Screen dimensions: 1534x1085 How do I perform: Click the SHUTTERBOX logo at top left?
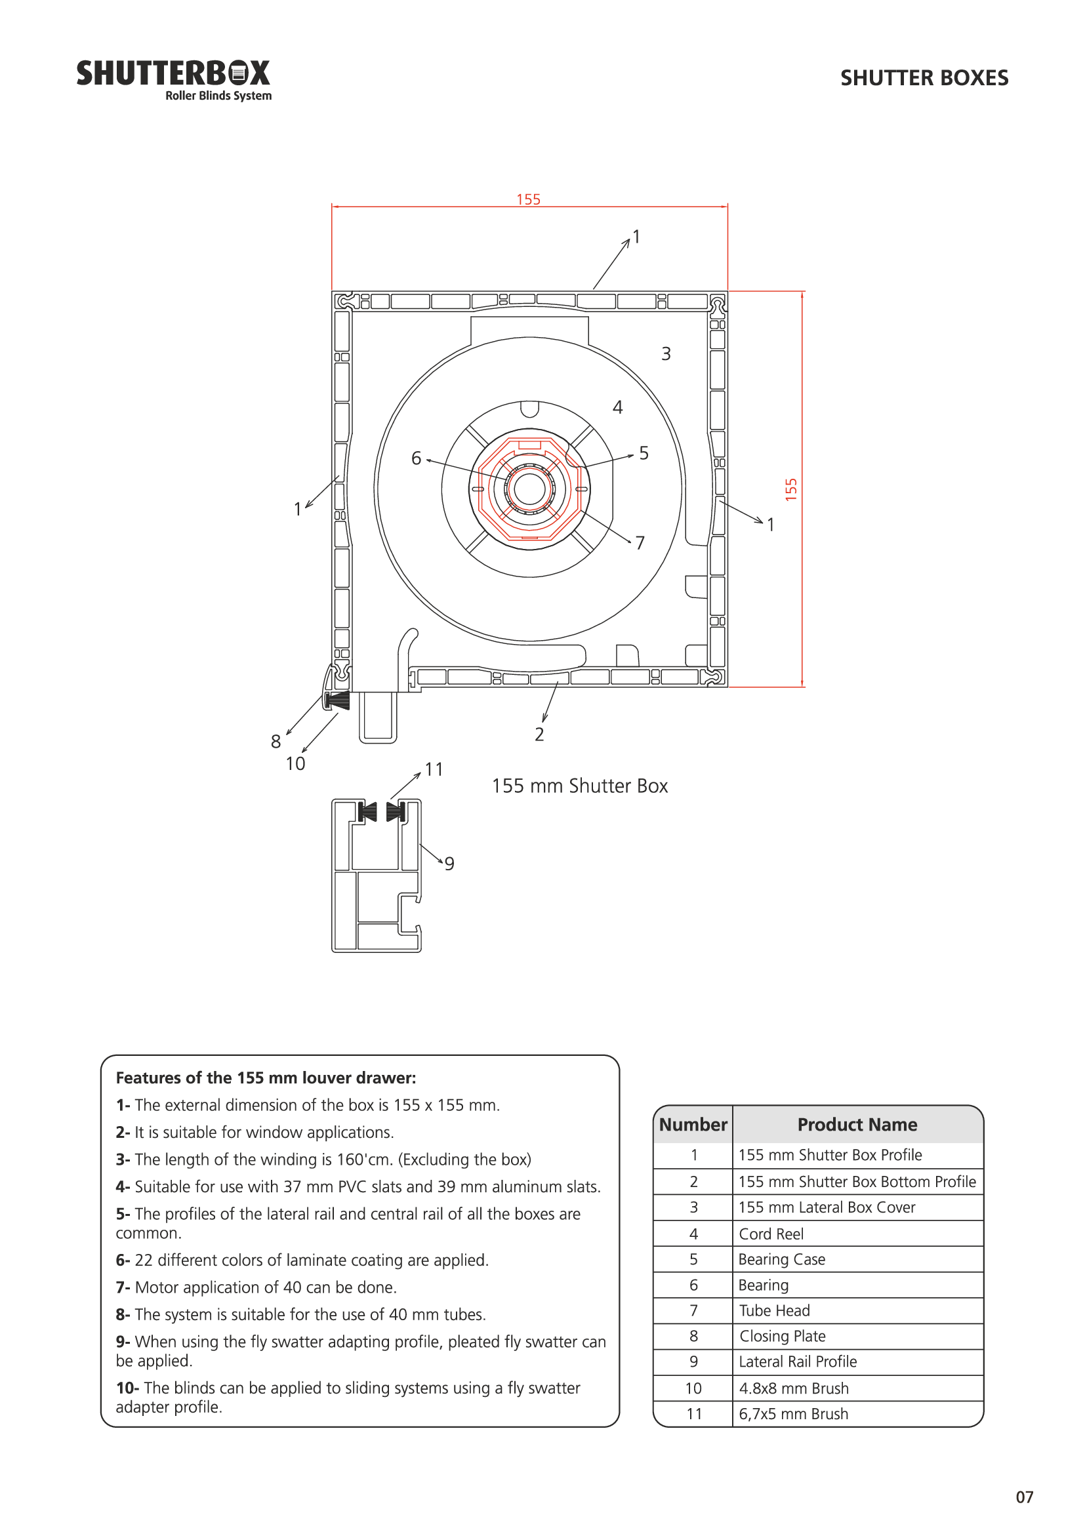[x=174, y=79]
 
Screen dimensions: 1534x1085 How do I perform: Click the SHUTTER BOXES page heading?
[x=924, y=78]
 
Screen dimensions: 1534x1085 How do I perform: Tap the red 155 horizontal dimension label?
[x=528, y=199]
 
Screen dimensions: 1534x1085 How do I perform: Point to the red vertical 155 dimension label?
[x=791, y=489]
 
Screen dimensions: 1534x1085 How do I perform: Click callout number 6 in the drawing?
[x=417, y=458]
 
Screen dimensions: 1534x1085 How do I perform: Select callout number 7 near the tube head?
[x=640, y=542]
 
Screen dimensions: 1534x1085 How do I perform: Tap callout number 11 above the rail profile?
[x=434, y=770]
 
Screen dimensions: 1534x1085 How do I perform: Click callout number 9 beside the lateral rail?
[x=449, y=864]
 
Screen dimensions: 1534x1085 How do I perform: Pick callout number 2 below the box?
[x=540, y=735]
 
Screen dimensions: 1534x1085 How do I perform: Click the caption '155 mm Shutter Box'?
[x=580, y=786]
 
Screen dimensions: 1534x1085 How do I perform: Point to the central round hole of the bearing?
[x=530, y=489]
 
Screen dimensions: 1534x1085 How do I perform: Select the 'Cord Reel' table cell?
[x=771, y=1234]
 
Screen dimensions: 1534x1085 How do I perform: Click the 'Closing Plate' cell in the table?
[x=783, y=1335]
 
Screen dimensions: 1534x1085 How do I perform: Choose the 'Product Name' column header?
[x=857, y=1125]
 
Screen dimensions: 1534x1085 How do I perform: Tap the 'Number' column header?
[x=693, y=1125]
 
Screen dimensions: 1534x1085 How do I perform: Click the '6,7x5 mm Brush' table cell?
[x=794, y=1413]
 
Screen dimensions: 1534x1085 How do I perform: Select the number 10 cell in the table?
[x=693, y=1388]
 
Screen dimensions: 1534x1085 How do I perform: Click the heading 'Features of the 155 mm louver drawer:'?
[x=266, y=1078]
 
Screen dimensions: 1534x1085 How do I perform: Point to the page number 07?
[x=1024, y=1497]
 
